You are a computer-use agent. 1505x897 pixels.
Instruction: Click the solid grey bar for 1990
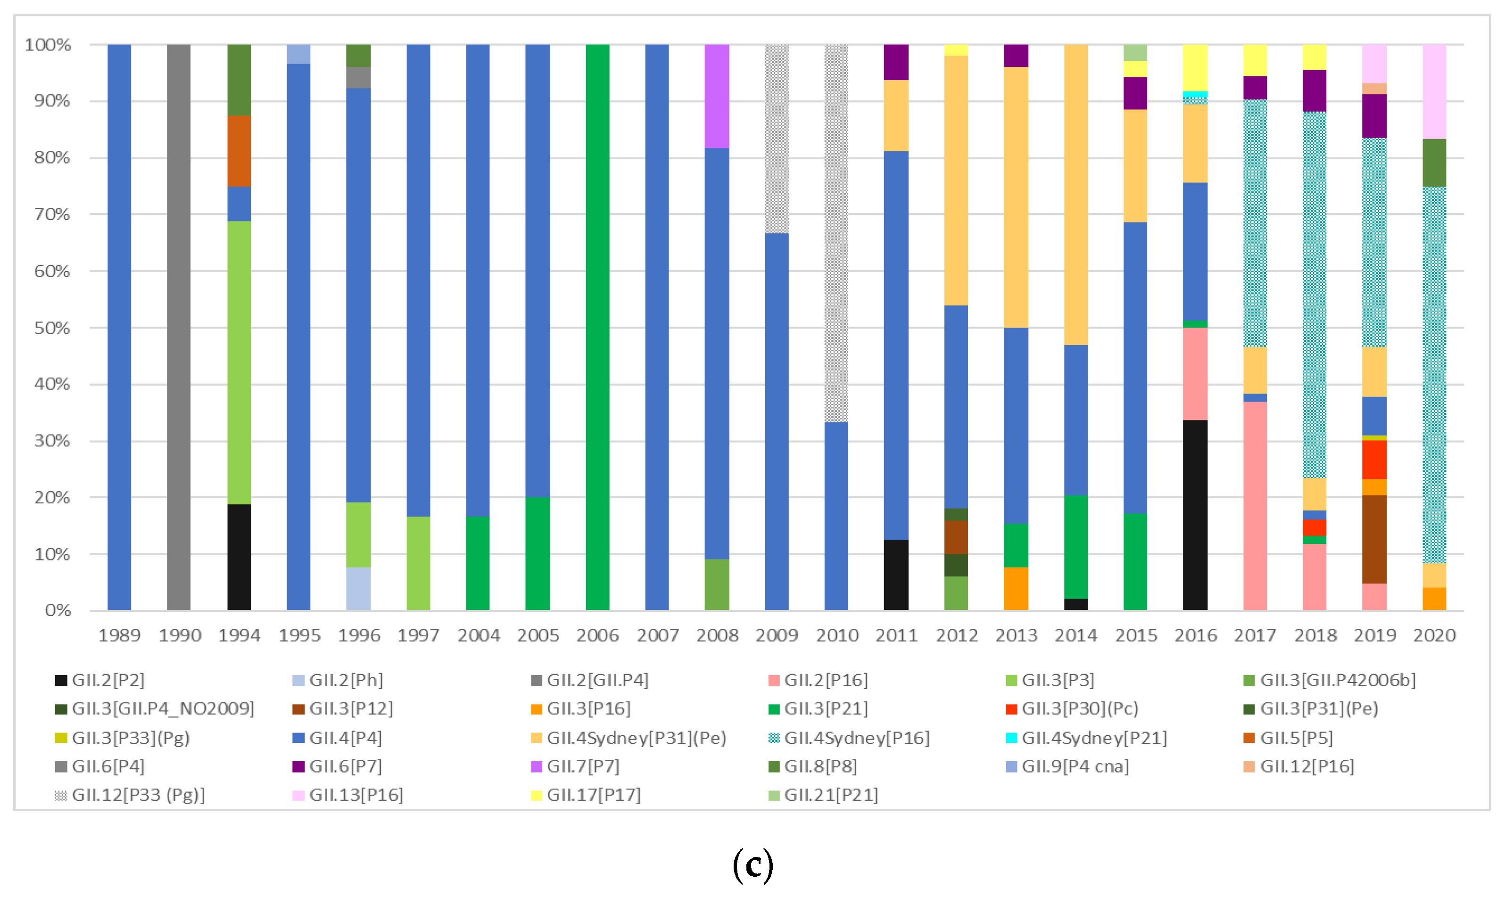click(x=178, y=326)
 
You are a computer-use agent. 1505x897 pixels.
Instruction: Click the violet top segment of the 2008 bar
click(x=717, y=96)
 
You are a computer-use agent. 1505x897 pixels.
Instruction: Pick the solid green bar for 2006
click(x=597, y=326)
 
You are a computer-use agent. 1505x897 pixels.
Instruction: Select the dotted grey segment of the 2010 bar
click(x=836, y=233)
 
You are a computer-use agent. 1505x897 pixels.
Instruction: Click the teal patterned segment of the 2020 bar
click(x=1434, y=375)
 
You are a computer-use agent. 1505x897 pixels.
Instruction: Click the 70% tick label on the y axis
click(x=51, y=214)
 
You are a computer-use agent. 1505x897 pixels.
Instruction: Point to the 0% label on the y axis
click(x=58, y=610)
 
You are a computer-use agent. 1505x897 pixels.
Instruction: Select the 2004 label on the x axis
click(x=478, y=635)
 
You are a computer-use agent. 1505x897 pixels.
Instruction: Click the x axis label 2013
click(x=1016, y=635)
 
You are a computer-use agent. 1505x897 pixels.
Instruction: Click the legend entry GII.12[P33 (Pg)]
click(x=138, y=795)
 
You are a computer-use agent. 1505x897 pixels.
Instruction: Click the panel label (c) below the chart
click(x=752, y=865)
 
